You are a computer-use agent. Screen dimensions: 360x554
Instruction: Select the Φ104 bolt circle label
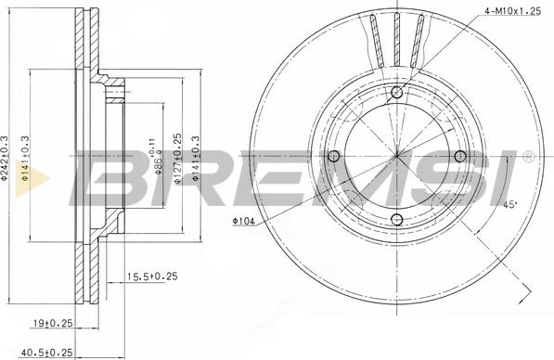coord(243,221)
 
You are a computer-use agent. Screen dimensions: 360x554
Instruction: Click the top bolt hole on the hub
coord(397,91)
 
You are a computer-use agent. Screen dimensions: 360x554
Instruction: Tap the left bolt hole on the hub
coord(333,156)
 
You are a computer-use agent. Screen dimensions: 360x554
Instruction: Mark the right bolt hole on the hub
coord(461,156)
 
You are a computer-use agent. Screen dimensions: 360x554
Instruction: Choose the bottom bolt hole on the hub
coord(397,219)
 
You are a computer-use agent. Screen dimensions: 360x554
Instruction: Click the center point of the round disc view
coord(397,155)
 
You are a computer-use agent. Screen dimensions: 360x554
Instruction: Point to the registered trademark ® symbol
coord(528,155)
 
